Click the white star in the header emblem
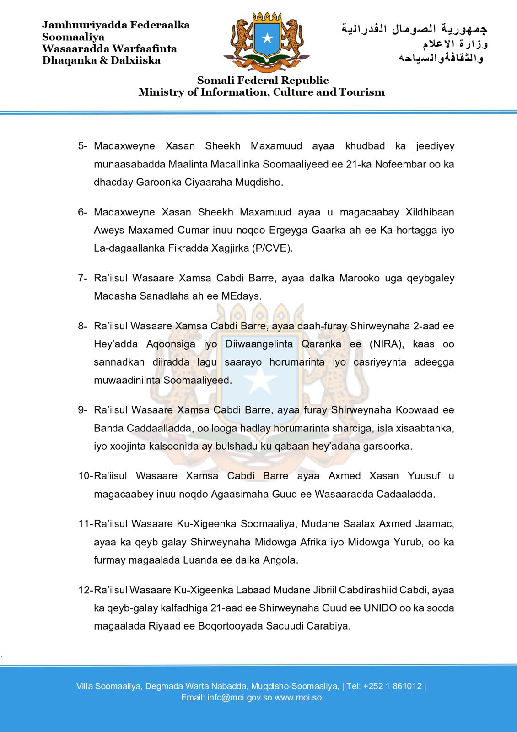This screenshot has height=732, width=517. click(267, 38)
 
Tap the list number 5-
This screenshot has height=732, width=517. click(82, 146)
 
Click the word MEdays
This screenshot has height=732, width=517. click(241, 296)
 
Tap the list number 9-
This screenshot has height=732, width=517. click(82, 410)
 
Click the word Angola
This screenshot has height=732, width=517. click(280, 560)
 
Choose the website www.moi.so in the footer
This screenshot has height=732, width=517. click(298, 698)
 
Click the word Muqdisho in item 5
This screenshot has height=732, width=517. click(259, 182)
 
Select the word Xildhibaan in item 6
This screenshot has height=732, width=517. click(430, 212)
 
